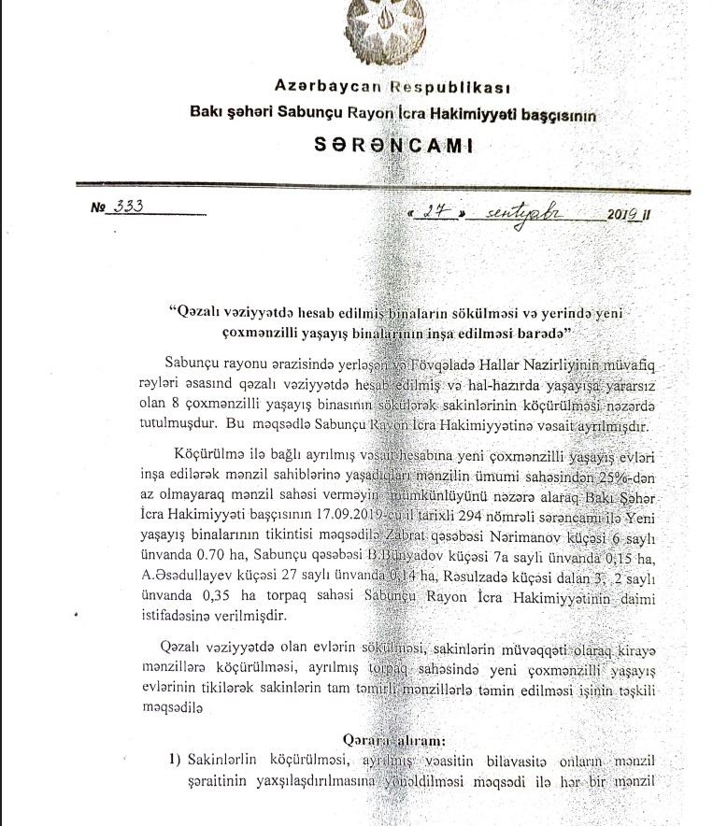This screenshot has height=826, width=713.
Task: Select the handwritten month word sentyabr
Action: (x=522, y=212)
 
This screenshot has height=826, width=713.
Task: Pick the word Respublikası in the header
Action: (x=450, y=88)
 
